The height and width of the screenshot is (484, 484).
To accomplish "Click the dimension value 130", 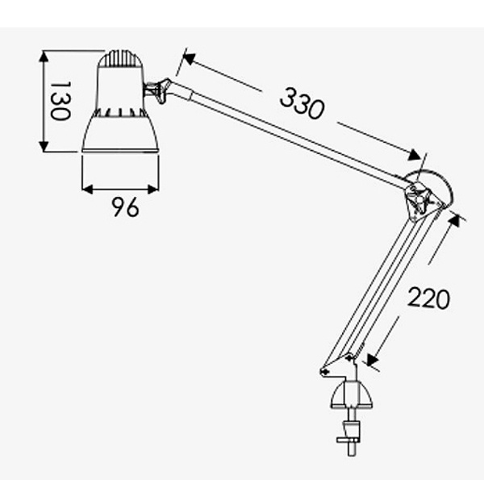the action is [x=60, y=101].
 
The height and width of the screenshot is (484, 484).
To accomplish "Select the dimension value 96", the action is [x=125, y=207].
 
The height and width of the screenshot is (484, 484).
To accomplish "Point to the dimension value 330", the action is [x=302, y=103].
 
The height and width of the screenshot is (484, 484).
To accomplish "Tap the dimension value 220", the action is [x=429, y=298].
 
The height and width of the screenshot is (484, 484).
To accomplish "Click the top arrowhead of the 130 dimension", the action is [x=44, y=56].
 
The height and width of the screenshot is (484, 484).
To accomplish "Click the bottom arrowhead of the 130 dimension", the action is [x=44, y=146].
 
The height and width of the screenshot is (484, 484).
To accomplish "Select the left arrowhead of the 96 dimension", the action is [x=88, y=190].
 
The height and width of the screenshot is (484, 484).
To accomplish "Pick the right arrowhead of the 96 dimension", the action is [x=153, y=190].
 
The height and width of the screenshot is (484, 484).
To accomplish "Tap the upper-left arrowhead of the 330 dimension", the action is [x=189, y=58].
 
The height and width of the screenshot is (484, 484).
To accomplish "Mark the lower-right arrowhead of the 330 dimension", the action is [x=415, y=154].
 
